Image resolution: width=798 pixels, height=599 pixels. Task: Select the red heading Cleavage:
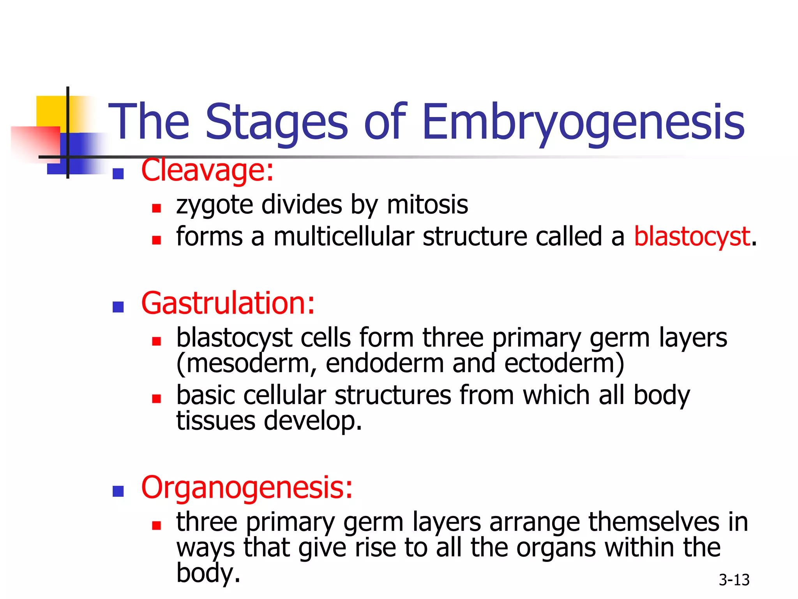click(x=207, y=171)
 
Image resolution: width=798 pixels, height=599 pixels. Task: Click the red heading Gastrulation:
click(x=228, y=303)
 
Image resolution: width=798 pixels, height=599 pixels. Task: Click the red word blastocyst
click(x=692, y=236)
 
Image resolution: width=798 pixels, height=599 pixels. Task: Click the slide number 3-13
click(x=734, y=580)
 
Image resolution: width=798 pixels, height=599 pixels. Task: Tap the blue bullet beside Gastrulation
click(x=118, y=307)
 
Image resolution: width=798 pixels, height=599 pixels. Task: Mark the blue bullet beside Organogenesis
click(x=118, y=491)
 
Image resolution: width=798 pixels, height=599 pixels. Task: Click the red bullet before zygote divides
click(x=156, y=208)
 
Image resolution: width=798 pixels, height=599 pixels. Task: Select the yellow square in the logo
click(x=51, y=111)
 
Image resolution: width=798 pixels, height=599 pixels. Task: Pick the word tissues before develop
click(x=215, y=420)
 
